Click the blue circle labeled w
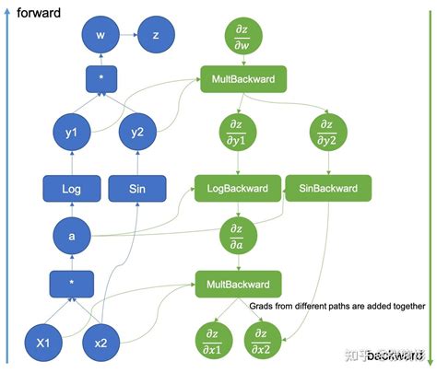pos(99,36)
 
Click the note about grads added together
pos(337,306)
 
